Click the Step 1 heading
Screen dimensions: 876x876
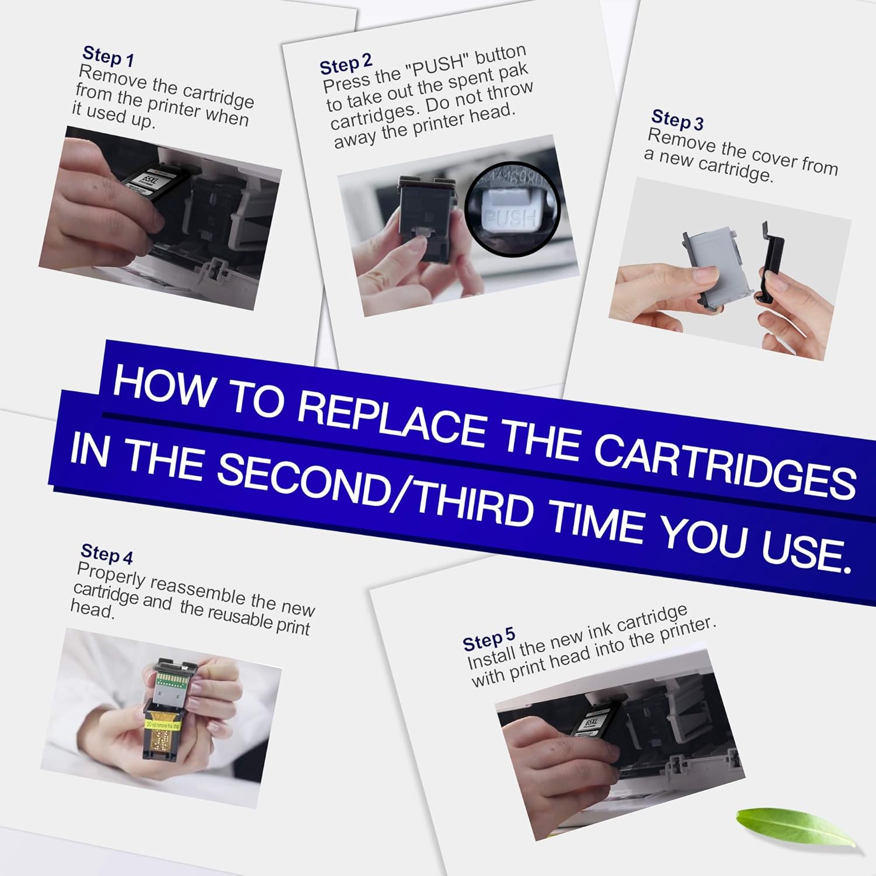point(109,56)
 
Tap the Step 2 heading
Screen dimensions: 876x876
point(345,64)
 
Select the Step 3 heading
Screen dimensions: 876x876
point(677,120)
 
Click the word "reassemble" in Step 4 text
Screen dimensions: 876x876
point(199,590)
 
